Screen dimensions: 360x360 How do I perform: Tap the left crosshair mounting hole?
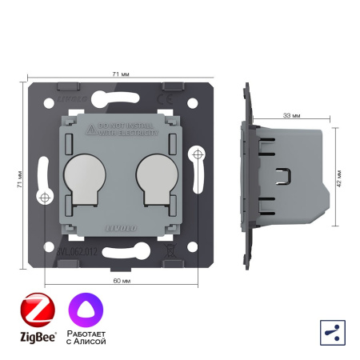pos(45,197)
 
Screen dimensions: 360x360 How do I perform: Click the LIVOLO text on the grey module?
pos(116,227)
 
